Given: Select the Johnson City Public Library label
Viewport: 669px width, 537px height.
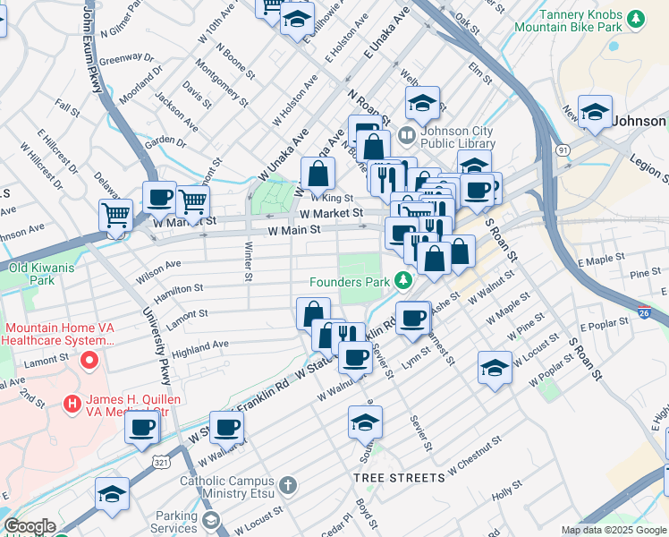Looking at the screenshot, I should tap(457, 136).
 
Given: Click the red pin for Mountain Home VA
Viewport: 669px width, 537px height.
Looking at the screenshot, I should tap(89, 362).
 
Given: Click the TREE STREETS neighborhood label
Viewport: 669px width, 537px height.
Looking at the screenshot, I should tap(398, 478).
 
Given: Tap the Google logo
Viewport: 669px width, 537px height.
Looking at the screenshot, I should tap(30, 526).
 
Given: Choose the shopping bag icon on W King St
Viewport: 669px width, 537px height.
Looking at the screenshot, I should tap(317, 172).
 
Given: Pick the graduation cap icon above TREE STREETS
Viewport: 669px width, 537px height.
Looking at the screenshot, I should tap(365, 421).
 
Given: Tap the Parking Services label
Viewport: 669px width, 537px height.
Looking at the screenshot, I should tap(175, 522).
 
